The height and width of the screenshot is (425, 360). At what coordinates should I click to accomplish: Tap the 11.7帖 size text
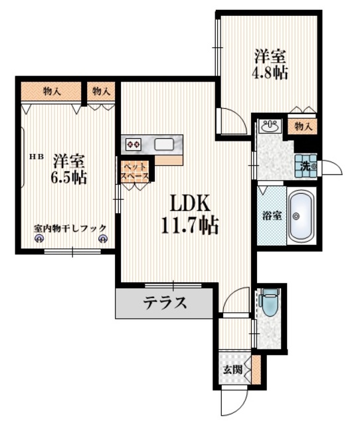pyautogui.click(x=189, y=225)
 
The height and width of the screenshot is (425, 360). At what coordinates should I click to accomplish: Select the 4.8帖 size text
pyautogui.click(x=269, y=72)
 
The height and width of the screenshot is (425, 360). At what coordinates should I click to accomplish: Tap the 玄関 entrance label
pyautogui.click(x=232, y=371)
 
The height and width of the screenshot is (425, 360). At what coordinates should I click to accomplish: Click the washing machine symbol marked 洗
pyautogui.click(x=306, y=164)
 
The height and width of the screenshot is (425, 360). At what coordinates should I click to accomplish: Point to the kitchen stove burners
pyautogui.click(x=132, y=143)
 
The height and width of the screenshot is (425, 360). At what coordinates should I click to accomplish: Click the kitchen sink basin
pyautogui.click(x=163, y=143)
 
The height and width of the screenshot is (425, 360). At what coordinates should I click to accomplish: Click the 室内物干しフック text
pyautogui.click(x=70, y=228)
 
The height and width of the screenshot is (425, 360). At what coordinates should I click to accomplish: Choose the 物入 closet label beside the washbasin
pyautogui.click(x=303, y=126)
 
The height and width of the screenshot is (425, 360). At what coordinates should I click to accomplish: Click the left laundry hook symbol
pyautogui.click(x=39, y=239)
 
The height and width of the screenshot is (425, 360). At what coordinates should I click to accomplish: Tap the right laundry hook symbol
pyautogui.click(x=102, y=239)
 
